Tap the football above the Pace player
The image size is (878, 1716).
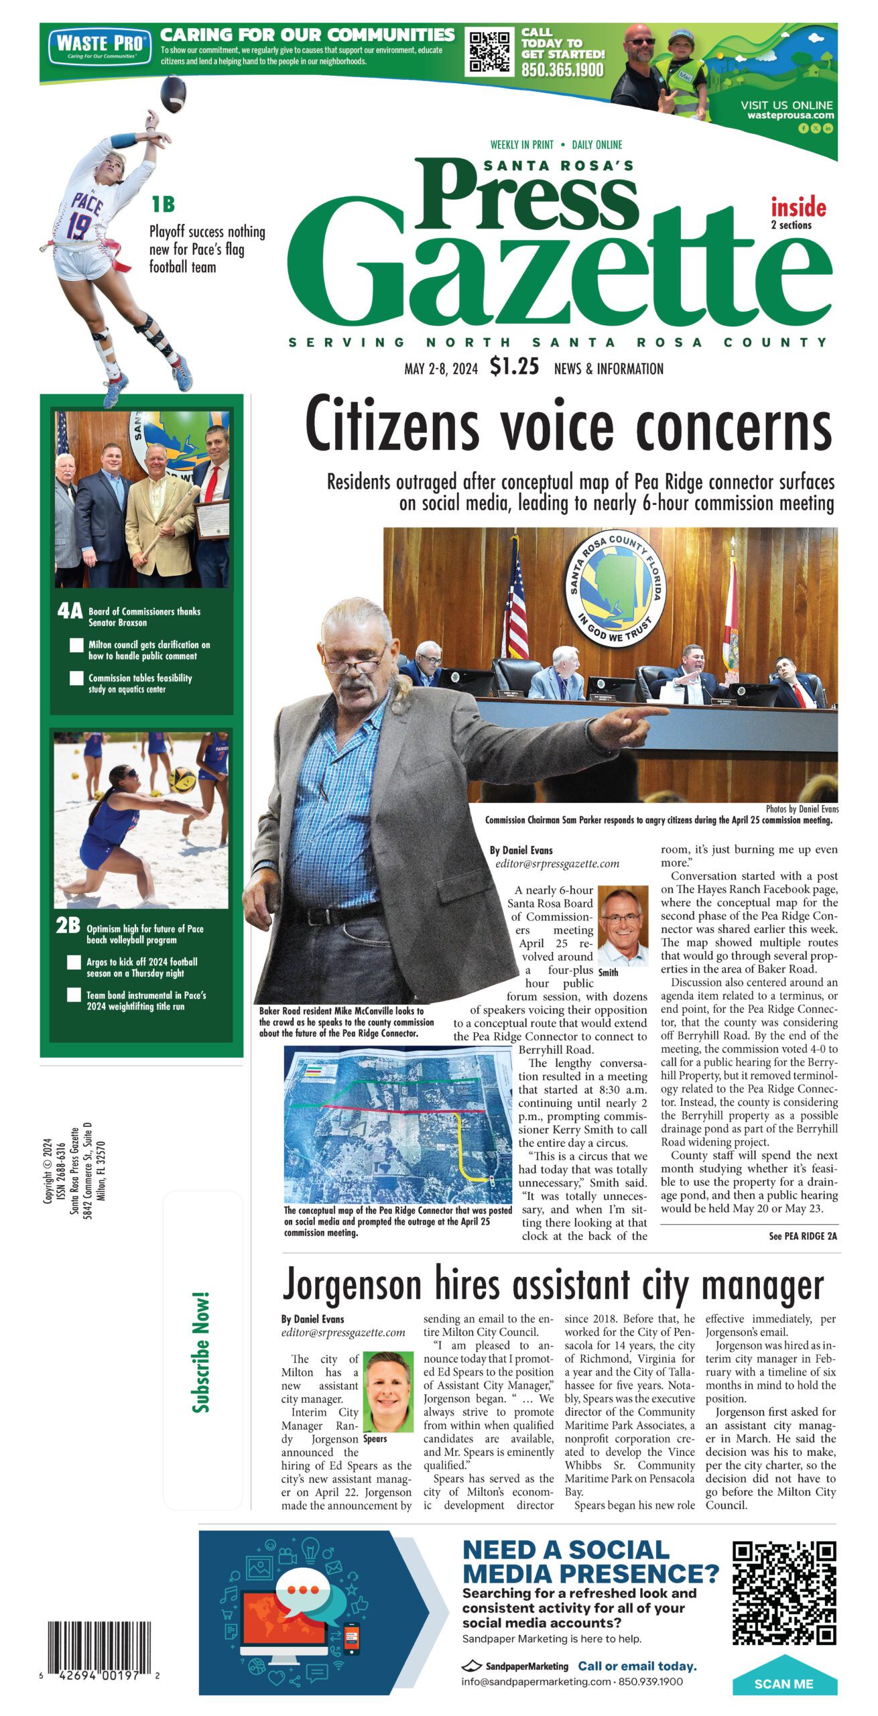pyautogui.click(x=174, y=94)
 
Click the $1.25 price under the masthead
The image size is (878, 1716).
pyautogui.click(x=514, y=367)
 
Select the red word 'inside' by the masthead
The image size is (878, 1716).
pyautogui.click(x=798, y=207)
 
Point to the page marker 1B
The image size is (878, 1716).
pyautogui.click(x=163, y=204)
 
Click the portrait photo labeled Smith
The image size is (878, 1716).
pyautogui.click(x=623, y=924)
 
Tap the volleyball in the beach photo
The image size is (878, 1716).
pyautogui.click(x=183, y=779)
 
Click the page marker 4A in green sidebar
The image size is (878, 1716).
pyautogui.click(x=70, y=611)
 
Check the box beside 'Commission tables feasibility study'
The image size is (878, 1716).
pyautogui.click(x=77, y=678)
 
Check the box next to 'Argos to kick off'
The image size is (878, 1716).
pyautogui.click(x=74, y=963)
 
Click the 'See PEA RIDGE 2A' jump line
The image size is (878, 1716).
pyautogui.click(x=802, y=1236)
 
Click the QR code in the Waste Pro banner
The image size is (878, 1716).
pyautogui.click(x=489, y=52)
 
